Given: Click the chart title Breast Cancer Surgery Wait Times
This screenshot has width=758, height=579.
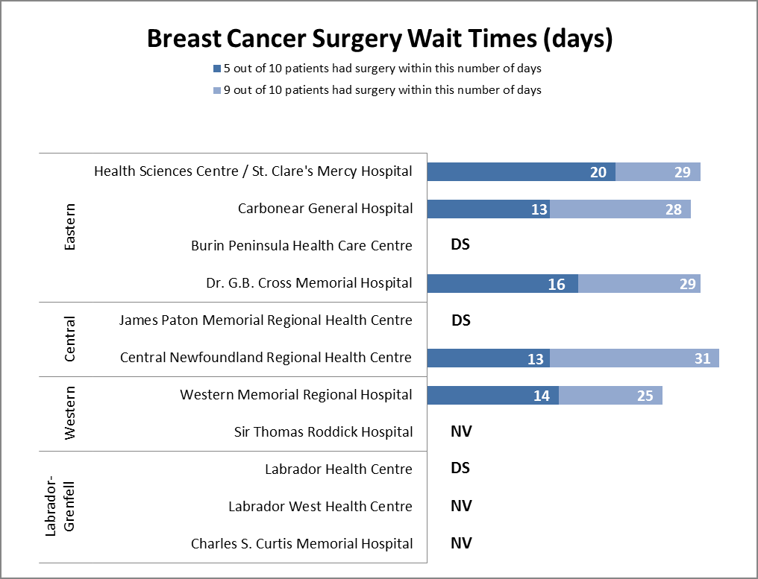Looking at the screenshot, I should [379, 39].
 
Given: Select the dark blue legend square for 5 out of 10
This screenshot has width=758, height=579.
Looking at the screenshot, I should [217, 69].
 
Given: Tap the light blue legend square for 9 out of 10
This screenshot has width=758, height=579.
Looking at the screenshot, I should [217, 90].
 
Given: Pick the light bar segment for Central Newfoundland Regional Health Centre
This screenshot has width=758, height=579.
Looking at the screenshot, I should [634, 358].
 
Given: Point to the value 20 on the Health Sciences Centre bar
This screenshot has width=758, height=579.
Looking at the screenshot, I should [598, 172].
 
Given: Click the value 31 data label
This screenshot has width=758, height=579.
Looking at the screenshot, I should [702, 358].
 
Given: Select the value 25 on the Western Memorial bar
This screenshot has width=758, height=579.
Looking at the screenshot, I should [645, 396].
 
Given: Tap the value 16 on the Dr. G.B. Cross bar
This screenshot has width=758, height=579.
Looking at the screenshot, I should [557, 284].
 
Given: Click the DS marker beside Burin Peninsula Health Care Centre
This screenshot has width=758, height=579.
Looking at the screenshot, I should [460, 244].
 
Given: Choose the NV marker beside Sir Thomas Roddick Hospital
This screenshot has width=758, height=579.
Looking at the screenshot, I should [461, 431].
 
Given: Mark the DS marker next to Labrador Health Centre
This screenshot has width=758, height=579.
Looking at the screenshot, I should [460, 468].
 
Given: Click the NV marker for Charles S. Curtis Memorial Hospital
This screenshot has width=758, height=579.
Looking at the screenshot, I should [461, 542].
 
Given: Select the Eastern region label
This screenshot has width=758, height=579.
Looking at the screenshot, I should [70, 227].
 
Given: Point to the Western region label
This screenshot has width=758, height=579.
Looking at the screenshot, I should [70, 413].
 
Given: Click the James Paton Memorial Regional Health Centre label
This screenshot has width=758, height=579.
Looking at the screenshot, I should [266, 320].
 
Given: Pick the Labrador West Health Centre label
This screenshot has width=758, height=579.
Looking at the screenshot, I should [320, 507].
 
